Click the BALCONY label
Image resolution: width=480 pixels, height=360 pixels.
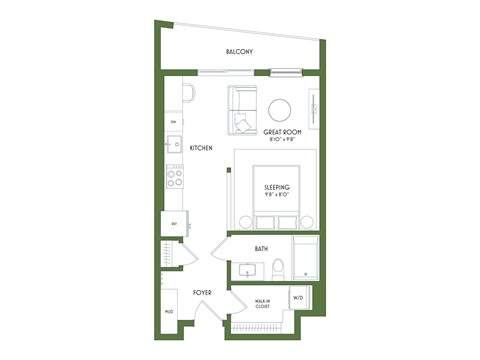tap(239, 52)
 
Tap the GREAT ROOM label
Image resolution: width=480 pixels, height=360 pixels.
tap(282, 132)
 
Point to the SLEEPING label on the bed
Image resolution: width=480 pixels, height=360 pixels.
tap(277, 187)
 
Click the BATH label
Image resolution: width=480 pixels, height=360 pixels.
tap(261, 249)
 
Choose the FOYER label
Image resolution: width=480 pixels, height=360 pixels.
tap(202, 293)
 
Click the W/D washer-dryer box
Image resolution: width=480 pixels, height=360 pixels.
tap(298, 299)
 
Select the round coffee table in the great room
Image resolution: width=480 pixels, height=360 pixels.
tap(279, 109)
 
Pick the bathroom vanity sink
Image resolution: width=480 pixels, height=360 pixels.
tap(247, 269)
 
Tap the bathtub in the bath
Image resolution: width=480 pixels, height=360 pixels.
tap(305, 258)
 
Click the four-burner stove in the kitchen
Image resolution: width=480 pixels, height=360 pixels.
tap(174, 178)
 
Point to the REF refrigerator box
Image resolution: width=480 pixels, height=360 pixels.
tap(174, 224)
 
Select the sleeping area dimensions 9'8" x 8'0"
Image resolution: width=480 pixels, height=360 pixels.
tap(277, 195)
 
